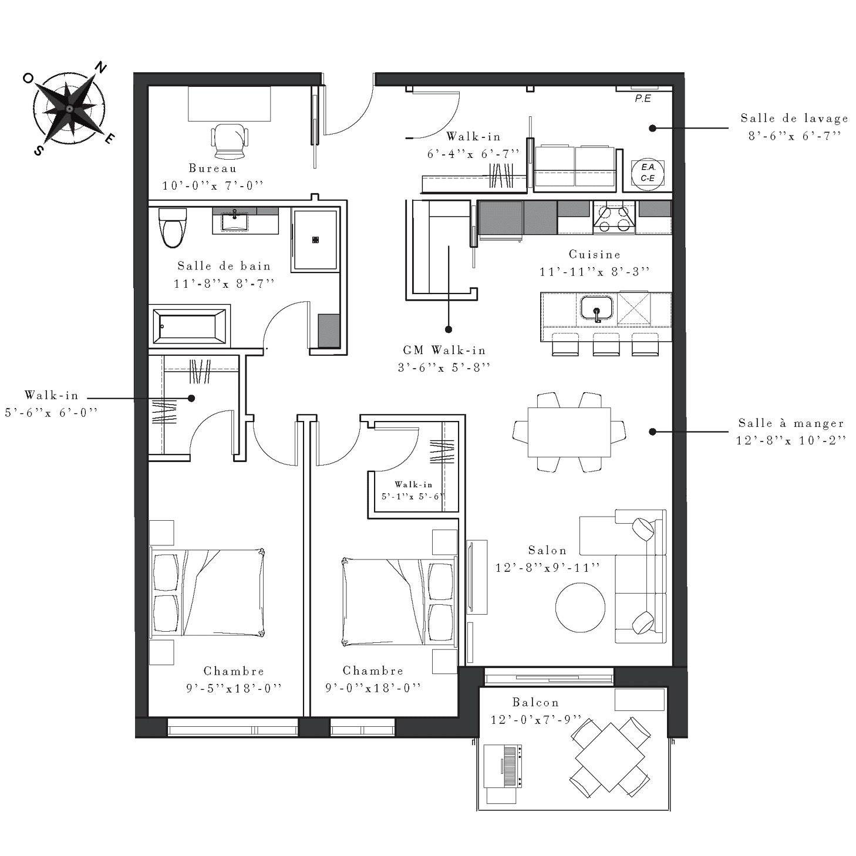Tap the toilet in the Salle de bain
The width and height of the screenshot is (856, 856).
173,228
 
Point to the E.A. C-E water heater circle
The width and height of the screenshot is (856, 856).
648,174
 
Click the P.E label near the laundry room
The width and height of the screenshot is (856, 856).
643,99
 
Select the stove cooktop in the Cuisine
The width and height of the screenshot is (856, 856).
614,218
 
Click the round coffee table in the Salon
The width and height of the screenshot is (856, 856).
580,607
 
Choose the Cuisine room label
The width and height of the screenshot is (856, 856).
595,255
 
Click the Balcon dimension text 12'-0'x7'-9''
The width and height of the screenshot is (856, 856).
536,720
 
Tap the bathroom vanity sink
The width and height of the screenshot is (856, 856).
234,221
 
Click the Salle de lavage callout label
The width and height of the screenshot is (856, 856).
794,119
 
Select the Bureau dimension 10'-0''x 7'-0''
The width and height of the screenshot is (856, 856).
213,186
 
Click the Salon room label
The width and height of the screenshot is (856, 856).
548,550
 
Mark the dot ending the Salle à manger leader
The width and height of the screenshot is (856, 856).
652,432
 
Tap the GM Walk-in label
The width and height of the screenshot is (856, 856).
444,351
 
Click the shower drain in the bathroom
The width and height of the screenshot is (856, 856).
315,240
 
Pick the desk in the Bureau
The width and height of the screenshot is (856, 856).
229,103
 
